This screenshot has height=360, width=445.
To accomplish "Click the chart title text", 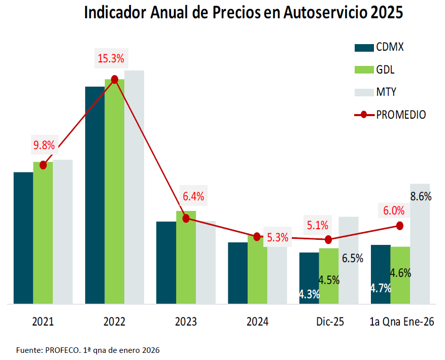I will coord(243,13).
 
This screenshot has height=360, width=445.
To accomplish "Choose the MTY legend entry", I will coord(375,92).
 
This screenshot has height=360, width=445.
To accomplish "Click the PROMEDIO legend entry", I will coord(390,115).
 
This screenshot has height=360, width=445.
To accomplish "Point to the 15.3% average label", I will coord(111,59).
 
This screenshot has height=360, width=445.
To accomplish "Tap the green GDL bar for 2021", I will coord(43,233).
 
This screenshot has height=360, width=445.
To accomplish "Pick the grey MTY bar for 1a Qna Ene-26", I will coord(420,243).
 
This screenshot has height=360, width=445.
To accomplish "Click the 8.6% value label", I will coord(421,196).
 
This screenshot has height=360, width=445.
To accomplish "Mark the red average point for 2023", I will coord(186,218).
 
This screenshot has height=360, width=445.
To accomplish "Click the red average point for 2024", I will coord(257,237).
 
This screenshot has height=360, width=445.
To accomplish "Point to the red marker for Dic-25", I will coord(328,239).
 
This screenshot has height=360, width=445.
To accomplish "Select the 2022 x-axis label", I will coord(114,322).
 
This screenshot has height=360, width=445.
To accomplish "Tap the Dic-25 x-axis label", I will coord(329,322).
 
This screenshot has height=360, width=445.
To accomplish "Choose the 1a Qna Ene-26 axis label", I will coord(400,322).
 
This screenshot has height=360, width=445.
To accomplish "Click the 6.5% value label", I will coord(352,258).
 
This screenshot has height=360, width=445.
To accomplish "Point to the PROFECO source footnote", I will coord(88,350).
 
